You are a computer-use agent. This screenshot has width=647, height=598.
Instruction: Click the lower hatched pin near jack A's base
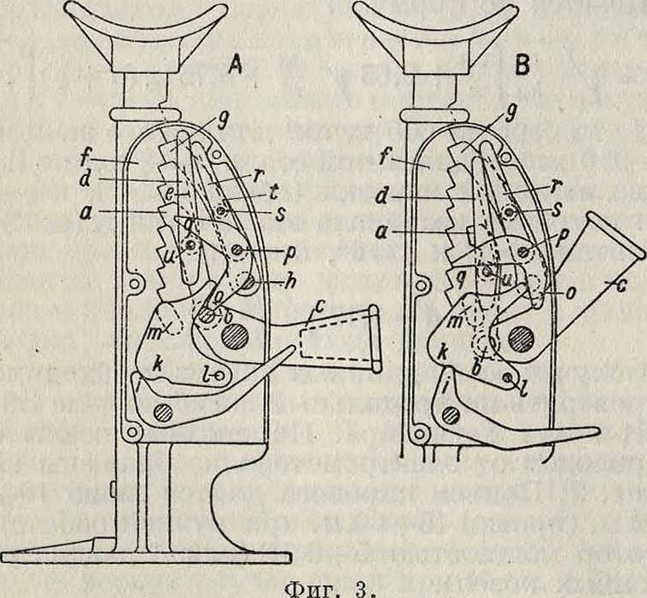click(x=163, y=413)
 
